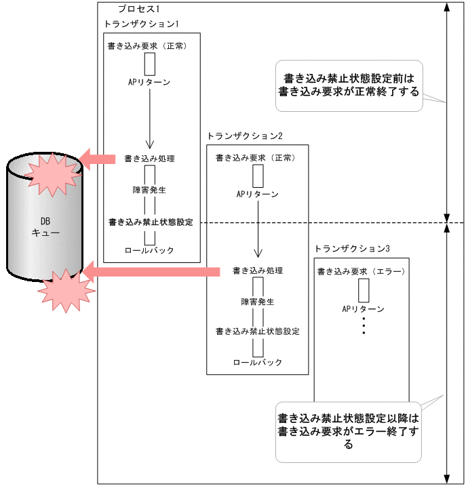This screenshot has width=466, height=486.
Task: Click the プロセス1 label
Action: (138, 9)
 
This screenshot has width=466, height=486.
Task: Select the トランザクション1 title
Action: (140, 24)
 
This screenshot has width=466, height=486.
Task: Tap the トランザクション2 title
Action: (244, 136)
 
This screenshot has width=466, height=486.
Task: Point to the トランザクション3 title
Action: (352, 248)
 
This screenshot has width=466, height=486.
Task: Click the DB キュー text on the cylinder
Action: (45, 226)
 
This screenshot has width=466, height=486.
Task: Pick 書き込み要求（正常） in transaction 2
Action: (255, 158)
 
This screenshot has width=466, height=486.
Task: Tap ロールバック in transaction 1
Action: (149, 251)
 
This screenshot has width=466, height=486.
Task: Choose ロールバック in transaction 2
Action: (257, 363)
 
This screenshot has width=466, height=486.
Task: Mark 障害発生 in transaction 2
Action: (257, 302)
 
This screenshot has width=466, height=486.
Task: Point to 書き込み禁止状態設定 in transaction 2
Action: (257, 331)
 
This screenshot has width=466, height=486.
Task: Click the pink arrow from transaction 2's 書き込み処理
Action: (153, 272)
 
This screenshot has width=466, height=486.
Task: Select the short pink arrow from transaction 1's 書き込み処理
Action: (99, 159)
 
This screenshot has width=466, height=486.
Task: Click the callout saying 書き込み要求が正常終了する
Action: (348, 85)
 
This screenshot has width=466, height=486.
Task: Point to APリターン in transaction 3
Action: (363, 309)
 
